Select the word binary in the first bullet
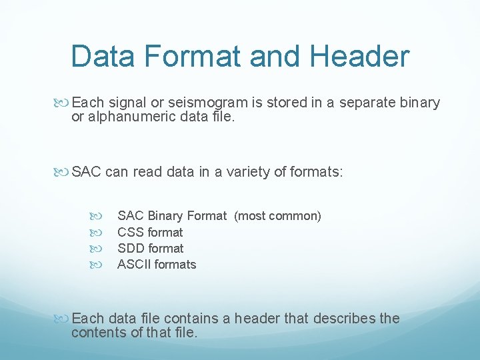tap(421, 103)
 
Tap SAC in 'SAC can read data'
tap(86, 172)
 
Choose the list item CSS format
tap(150, 233)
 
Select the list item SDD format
tap(150, 249)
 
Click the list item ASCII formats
tap(157, 265)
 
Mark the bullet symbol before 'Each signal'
tap(64, 103)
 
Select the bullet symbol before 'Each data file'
tap(64, 319)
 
